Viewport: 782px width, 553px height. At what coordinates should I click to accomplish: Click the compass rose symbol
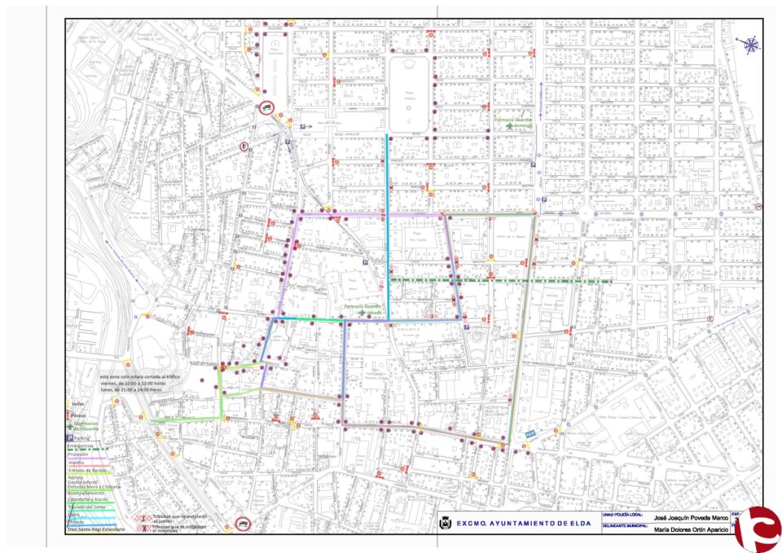[750, 46]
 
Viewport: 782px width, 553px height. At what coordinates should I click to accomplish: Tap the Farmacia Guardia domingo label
[513, 122]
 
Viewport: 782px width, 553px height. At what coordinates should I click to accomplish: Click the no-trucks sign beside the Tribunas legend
[243, 524]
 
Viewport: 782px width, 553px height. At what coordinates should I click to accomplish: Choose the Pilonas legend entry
[78, 415]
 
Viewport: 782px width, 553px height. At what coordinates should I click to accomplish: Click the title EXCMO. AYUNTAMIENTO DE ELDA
[523, 524]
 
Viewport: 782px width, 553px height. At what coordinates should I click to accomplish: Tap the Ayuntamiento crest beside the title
[446, 524]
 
